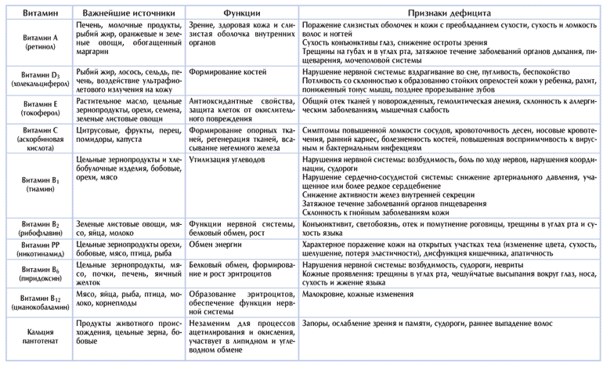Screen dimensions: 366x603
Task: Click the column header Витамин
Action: pyautogui.click(x=36, y=13)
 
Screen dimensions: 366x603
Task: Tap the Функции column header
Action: pyautogui.click(x=242, y=13)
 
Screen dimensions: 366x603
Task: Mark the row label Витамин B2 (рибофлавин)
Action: pyautogui.click(x=36, y=228)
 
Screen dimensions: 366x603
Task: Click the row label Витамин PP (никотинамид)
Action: pyautogui.click(x=36, y=250)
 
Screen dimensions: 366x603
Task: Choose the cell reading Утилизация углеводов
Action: pyautogui.click(x=227, y=159)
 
